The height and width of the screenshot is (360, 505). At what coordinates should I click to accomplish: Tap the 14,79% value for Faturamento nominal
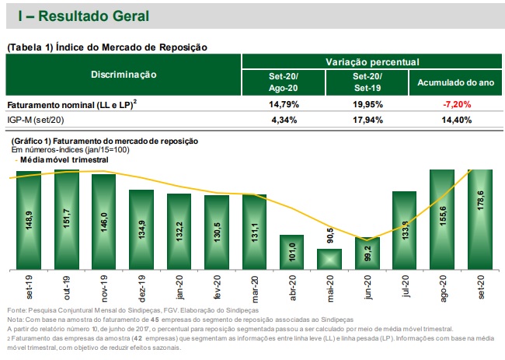282,103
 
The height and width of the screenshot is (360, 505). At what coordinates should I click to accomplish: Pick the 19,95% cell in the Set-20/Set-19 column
367,103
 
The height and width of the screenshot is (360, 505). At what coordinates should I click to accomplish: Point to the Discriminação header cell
124,75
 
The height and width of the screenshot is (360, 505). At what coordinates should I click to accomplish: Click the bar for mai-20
329,259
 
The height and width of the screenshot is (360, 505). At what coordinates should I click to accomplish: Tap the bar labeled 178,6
480,218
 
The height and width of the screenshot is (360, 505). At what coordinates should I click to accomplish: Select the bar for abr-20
291,251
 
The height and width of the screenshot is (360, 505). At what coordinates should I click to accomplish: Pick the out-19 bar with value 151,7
67,218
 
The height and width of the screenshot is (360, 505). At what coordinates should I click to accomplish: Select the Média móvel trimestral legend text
63,159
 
